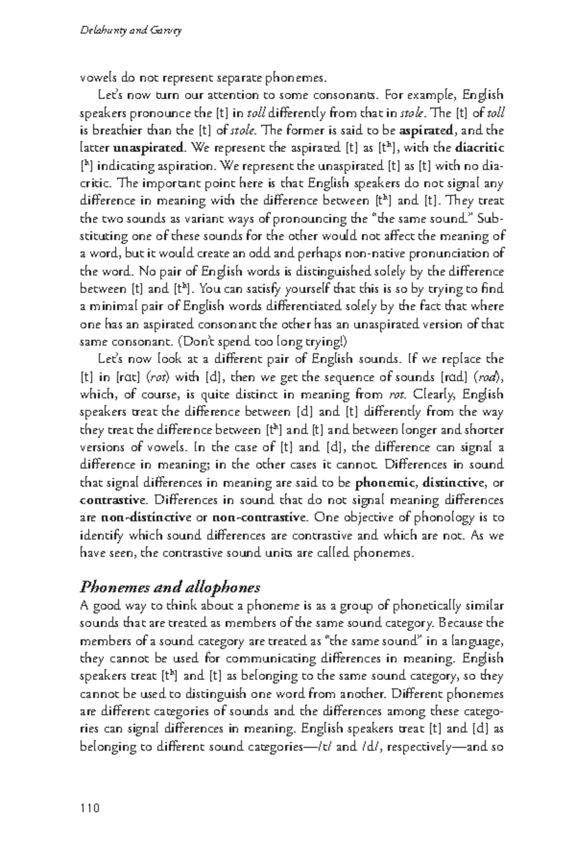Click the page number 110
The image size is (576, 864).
(x=90, y=808)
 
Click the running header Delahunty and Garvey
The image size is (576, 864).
(x=130, y=31)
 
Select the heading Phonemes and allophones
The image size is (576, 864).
(x=170, y=587)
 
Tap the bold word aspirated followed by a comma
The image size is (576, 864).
(x=426, y=131)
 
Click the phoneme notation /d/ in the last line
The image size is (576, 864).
(x=366, y=747)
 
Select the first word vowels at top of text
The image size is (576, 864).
(x=94, y=78)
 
